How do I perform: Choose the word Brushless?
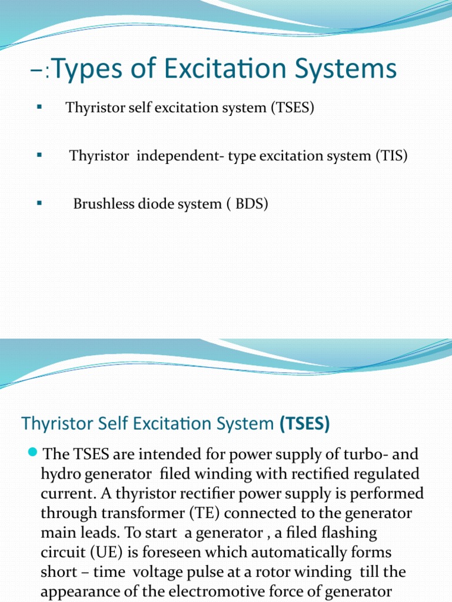[103, 204]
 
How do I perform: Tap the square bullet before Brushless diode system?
[40, 203]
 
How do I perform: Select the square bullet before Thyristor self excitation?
[40, 108]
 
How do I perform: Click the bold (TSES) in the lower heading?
[304, 423]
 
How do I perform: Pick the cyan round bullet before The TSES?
[33, 453]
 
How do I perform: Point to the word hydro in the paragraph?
[58, 474]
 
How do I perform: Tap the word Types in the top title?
[81, 69]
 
